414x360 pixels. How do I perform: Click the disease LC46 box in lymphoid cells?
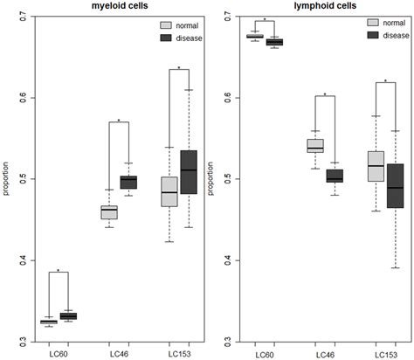point(335,176)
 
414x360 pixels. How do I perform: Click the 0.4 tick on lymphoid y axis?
point(224,260)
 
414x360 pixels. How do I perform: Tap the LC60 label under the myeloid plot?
point(58,352)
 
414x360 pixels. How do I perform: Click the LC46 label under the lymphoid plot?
point(324,352)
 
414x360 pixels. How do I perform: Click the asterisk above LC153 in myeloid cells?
point(179,66)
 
